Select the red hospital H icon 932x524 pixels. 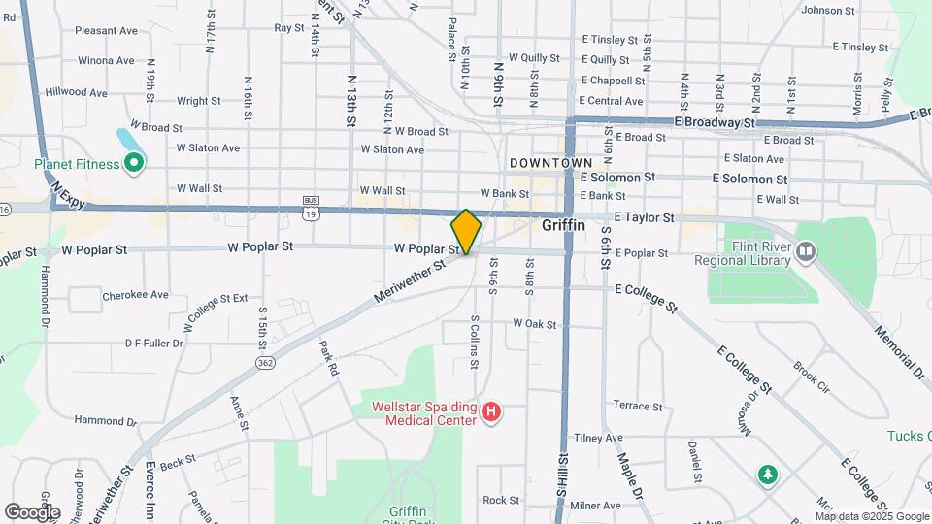click(491, 413)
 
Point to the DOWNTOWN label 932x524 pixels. click(550, 162)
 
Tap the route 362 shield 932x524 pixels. click(265, 362)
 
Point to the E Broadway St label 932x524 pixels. click(716, 123)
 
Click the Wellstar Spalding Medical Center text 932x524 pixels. click(424, 413)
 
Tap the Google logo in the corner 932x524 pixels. click(32, 511)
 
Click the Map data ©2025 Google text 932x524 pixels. click(872, 516)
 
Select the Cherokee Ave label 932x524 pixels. click(136, 295)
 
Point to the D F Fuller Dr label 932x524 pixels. click(154, 343)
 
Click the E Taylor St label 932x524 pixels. click(644, 218)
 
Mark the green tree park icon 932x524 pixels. click(768, 474)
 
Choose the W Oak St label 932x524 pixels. click(536, 323)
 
